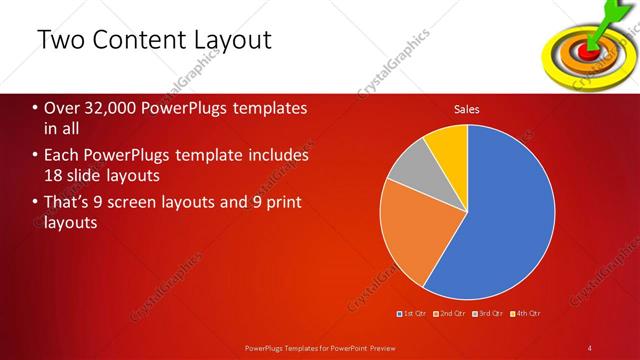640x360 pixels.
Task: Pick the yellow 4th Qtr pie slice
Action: point(448,146)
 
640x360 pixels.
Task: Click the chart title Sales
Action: point(466,109)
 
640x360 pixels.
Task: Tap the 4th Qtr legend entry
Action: point(528,313)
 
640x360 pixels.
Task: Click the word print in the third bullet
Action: point(273,204)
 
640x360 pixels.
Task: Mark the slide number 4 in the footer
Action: point(591,347)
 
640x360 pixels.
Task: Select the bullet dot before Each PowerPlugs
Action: point(35,156)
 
